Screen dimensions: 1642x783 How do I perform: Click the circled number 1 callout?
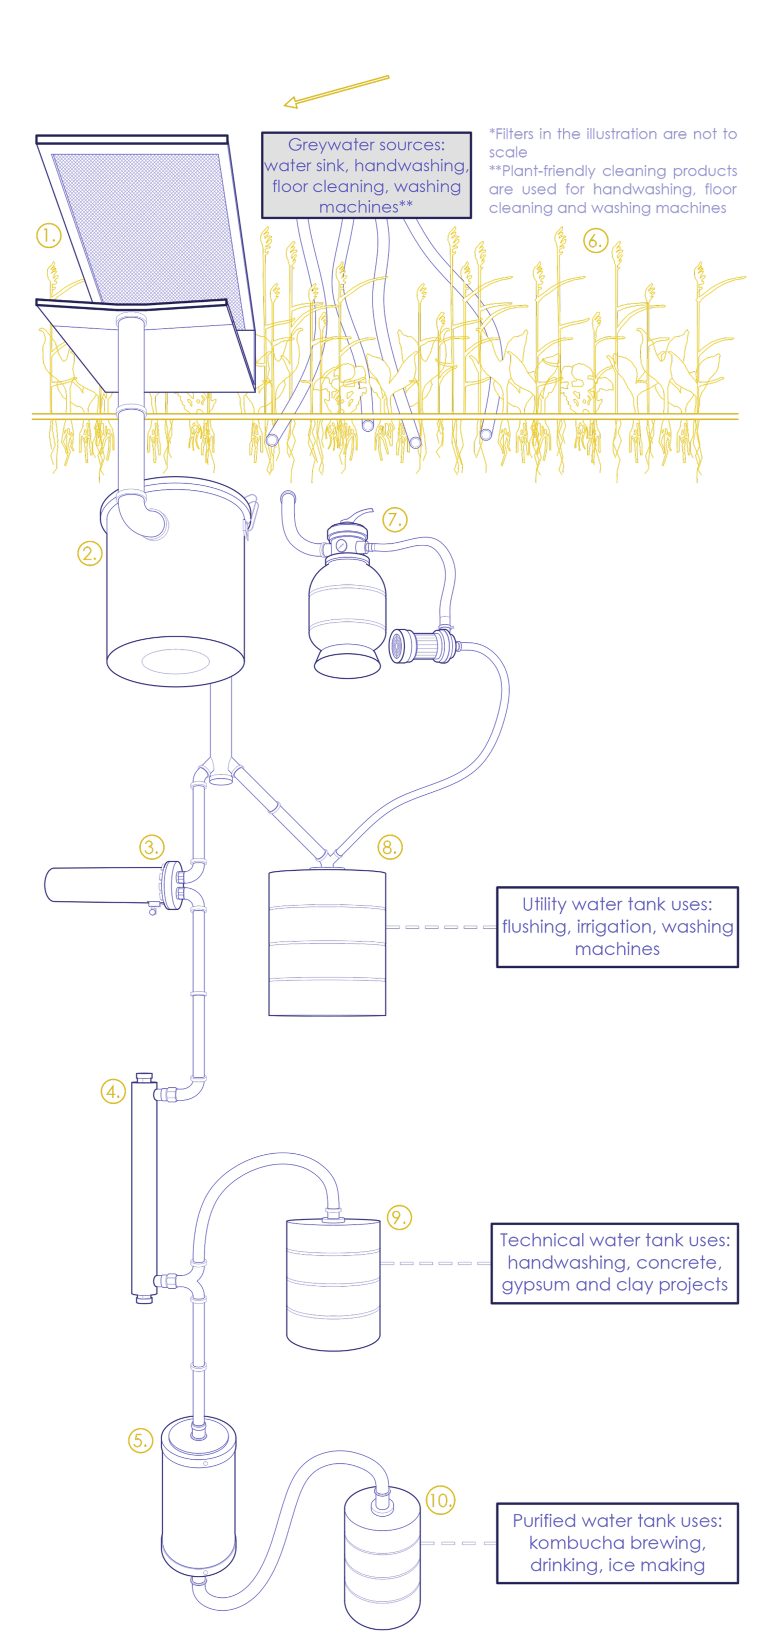(x=48, y=236)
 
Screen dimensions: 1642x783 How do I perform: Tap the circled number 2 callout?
(x=90, y=553)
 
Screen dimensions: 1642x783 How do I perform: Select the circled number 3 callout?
(x=152, y=847)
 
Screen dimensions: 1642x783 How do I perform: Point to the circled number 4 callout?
(x=113, y=1091)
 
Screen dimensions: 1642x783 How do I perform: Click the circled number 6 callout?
(x=596, y=241)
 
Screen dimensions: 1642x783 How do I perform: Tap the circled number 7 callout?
(x=395, y=520)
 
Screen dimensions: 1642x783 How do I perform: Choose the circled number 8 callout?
(x=390, y=847)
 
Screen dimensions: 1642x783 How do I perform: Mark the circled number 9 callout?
(x=399, y=1217)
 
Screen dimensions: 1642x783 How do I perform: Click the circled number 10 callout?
(x=440, y=1500)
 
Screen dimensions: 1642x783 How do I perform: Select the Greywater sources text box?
(x=366, y=175)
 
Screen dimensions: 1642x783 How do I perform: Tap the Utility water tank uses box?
(x=617, y=927)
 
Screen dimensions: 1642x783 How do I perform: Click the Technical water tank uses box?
(x=614, y=1263)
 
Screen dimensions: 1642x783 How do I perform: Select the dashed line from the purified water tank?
(x=458, y=1543)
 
